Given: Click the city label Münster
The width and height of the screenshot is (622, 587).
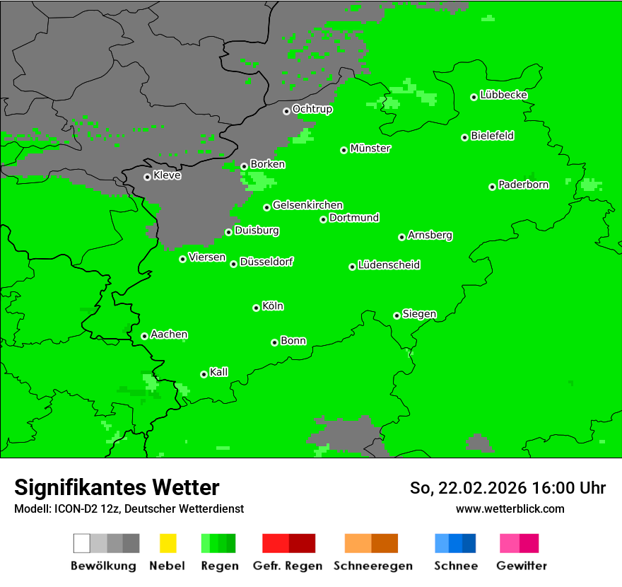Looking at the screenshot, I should (x=370, y=149).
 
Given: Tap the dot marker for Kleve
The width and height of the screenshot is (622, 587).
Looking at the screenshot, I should (x=147, y=177).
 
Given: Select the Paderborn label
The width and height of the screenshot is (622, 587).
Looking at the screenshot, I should (x=523, y=185).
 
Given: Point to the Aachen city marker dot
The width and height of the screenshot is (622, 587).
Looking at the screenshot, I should (x=144, y=336).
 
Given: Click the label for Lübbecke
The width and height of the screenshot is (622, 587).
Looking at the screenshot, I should (x=503, y=95).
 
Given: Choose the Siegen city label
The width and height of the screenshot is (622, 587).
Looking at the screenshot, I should (x=419, y=314).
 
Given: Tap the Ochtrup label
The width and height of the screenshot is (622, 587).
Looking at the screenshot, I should (x=312, y=109).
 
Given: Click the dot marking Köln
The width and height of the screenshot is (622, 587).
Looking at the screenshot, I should (x=256, y=308).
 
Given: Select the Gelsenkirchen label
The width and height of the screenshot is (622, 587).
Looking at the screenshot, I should (x=307, y=205).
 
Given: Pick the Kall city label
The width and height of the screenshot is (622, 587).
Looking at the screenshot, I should (x=218, y=372).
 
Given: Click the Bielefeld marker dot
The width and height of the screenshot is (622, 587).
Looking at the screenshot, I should (x=464, y=137).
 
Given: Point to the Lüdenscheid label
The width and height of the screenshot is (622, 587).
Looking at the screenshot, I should (x=389, y=265).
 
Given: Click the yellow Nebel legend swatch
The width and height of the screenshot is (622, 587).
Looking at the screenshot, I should (x=168, y=543).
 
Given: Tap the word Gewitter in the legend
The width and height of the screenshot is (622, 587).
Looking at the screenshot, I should (x=521, y=566).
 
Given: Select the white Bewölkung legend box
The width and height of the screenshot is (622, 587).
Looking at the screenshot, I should (x=81, y=543).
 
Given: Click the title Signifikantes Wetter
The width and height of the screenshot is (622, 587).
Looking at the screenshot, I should (x=117, y=487).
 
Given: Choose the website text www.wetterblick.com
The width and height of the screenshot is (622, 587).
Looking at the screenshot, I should (x=510, y=508).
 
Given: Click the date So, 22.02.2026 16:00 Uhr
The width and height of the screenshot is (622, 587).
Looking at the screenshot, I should (x=507, y=488).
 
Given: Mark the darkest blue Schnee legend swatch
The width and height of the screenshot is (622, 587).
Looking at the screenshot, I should (x=469, y=543).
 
